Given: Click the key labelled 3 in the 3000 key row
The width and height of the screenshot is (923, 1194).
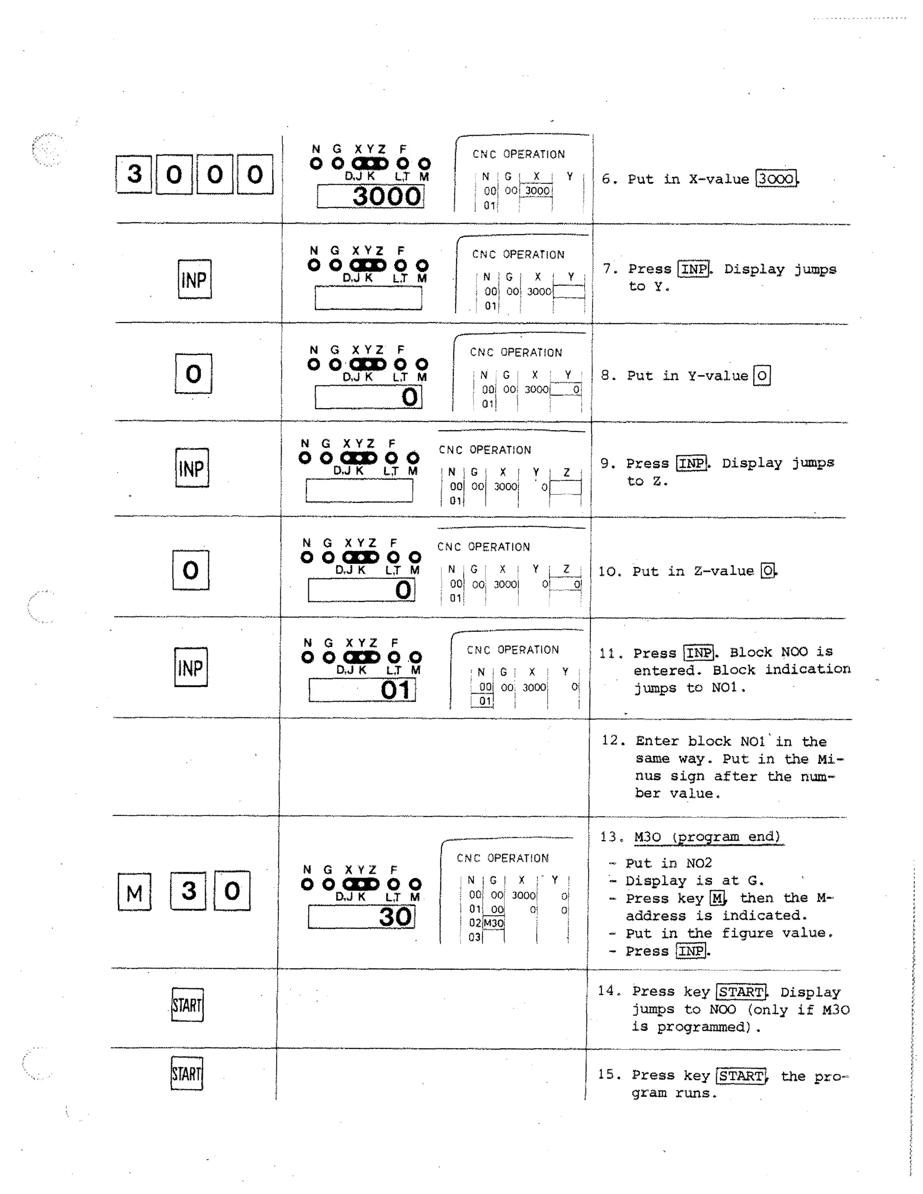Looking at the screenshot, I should coord(134,174).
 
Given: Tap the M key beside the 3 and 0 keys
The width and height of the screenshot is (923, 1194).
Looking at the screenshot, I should coord(134,892).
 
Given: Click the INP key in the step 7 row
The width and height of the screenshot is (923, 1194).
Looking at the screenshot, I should coord(195,279).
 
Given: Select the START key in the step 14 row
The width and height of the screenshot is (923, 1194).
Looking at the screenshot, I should coord(187,1005).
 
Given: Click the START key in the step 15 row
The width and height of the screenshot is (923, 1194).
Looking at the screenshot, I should coord(187,1074).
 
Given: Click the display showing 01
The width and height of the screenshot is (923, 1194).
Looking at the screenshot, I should coord(362,690).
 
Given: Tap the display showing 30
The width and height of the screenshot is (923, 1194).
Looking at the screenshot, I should coord(361,917).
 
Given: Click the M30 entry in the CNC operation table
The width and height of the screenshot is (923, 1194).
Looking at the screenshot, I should coord(493,923).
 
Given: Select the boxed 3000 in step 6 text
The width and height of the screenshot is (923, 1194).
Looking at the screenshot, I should coord(776,179).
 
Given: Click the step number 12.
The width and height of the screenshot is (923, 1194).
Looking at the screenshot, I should coord(613,740).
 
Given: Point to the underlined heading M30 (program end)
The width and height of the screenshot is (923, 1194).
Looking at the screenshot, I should coord(708,837).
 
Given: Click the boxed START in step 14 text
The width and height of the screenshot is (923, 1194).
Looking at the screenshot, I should coord(741,992).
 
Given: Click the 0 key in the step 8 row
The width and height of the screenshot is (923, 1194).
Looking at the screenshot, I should coord(193,374).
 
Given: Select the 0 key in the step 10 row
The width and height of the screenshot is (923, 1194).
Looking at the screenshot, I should coord(191,570).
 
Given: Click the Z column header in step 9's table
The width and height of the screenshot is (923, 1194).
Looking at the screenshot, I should coord(567,472).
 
